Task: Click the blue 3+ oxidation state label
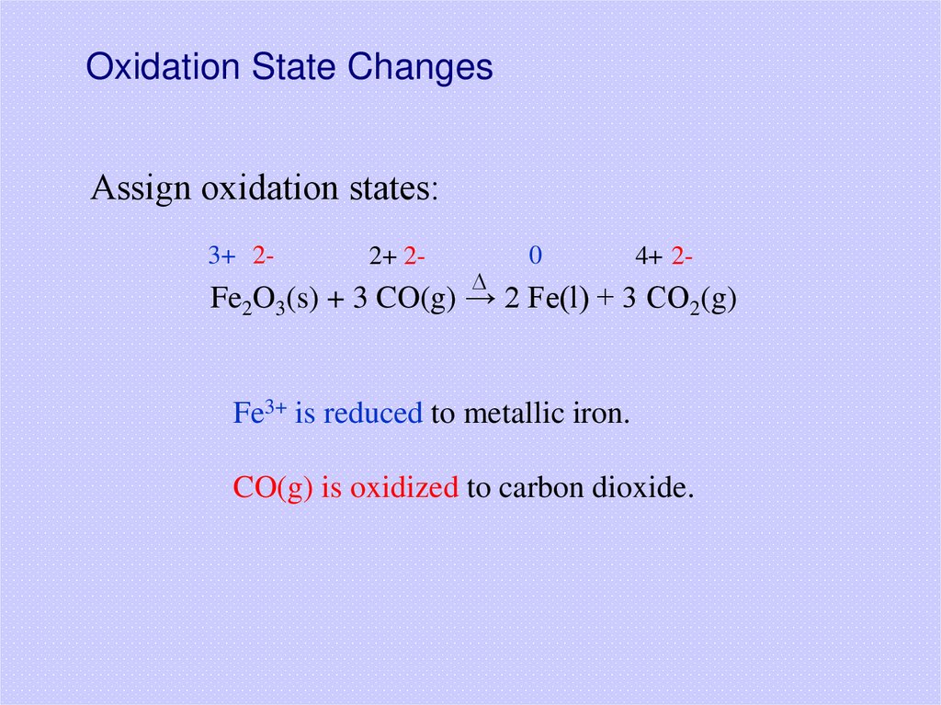[221, 256]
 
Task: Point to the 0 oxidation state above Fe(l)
[534, 256]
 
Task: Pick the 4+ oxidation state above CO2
[648, 256]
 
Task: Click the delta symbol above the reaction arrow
[478, 279]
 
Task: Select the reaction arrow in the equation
[479, 299]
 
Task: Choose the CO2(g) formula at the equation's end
[692, 301]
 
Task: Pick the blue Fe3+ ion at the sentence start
[260, 413]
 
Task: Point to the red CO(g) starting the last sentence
[274, 487]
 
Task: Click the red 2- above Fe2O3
[261, 256]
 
